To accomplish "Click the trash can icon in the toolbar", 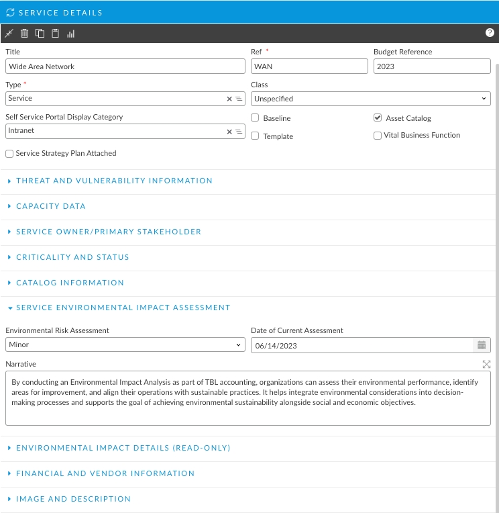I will click(24, 33).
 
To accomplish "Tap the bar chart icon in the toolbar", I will click(71, 33).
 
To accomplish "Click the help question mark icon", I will click(490, 32).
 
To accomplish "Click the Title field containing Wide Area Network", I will click(125, 66).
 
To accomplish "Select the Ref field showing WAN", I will click(309, 66).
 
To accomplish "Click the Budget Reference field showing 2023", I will click(432, 66).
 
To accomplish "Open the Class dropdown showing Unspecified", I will click(370, 99).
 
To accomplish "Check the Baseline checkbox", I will click(255, 118).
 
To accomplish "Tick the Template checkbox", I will click(255, 136).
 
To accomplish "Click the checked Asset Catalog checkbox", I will click(378, 118).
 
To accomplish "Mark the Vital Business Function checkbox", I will click(378, 136).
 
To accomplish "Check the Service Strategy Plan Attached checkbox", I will click(9, 154).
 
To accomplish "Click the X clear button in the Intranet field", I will click(229, 132).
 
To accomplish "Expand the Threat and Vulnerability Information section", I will click(114, 181).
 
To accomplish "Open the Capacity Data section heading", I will click(51, 206).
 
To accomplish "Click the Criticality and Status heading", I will click(72, 257).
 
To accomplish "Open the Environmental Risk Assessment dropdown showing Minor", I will click(125, 345).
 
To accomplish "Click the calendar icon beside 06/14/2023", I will click(482, 345).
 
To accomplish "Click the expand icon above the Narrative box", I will click(486, 364).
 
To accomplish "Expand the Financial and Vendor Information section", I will click(105, 473).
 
